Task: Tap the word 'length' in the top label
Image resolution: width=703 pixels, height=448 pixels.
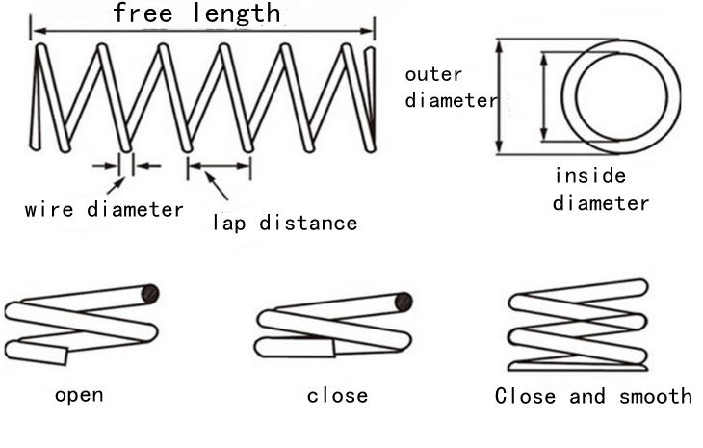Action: (236, 14)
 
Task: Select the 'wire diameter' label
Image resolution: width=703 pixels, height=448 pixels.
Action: (104, 209)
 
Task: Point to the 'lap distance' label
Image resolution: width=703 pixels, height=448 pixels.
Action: (284, 224)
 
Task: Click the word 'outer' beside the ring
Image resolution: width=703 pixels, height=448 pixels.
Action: (433, 75)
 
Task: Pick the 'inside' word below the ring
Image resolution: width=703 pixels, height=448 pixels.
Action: (589, 176)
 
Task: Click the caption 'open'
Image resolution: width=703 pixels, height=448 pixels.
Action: (79, 395)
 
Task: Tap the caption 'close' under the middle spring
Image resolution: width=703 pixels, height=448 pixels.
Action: (337, 396)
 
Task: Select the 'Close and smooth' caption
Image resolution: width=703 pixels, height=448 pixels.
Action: (593, 396)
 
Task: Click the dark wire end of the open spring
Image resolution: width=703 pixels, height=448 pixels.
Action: (150, 293)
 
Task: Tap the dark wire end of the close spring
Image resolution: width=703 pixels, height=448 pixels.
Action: (404, 303)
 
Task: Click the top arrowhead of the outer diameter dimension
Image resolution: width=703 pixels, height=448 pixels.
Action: (499, 44)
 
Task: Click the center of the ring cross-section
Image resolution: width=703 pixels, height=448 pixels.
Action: (621, 95)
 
